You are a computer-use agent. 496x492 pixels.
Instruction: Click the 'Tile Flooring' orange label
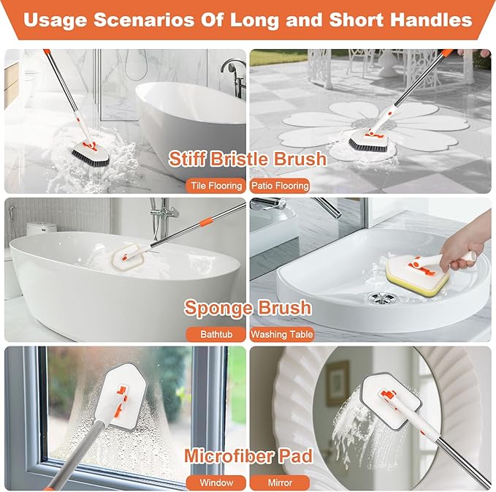tap(216, 186)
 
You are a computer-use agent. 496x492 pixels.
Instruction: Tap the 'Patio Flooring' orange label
tap(281, 186)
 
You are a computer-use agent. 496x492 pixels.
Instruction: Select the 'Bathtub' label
tap(217, 334)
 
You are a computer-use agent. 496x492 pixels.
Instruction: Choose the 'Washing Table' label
tap(282, 334)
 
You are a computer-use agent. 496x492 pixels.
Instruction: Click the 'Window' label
tap(217, 482)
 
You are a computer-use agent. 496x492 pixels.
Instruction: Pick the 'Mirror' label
tap(281, 482)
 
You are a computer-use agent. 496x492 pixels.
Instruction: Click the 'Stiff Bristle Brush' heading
tap(248, 159)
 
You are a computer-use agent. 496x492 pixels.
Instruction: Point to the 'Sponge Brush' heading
tap(248, 307)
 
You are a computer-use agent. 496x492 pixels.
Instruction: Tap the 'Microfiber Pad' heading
tap(248, 456)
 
